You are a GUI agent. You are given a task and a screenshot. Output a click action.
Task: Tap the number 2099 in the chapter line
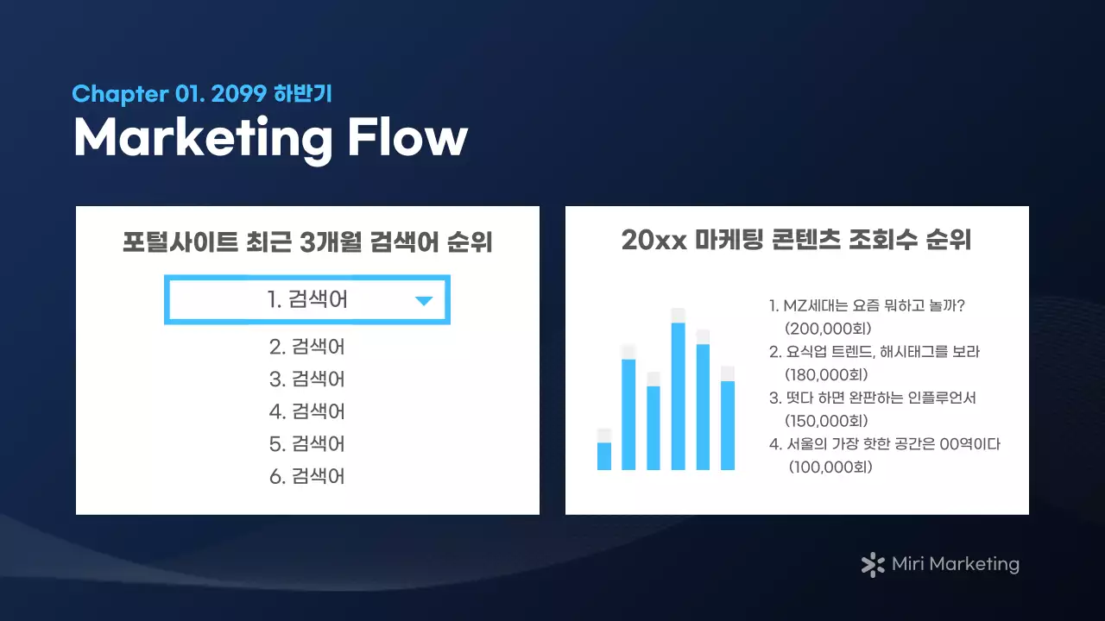coord(237,94)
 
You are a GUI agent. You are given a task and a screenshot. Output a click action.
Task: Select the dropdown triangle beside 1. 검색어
coord(423,301)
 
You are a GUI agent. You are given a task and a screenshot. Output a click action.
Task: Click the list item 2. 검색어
coord(306,347)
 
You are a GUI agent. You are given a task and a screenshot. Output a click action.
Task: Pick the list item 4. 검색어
coord(306,411)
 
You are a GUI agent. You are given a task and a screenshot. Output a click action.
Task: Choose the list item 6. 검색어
coord(306,476)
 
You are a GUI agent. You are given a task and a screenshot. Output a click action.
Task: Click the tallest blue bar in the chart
coord(679,396)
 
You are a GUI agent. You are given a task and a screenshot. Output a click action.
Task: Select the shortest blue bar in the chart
coord(604,456)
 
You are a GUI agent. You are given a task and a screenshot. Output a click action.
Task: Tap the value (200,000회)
coord(829,329)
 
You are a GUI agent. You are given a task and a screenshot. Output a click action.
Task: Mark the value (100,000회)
coord(830,467)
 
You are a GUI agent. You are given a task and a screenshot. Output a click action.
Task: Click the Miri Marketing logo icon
coord(873,565)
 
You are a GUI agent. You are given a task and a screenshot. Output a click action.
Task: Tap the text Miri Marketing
coord(955,565)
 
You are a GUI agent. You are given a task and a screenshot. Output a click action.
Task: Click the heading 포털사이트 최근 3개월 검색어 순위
coord(307,242)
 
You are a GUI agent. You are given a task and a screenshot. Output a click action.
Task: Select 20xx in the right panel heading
coord(653,241)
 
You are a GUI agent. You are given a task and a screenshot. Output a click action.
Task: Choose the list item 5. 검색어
coord(306,444)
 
